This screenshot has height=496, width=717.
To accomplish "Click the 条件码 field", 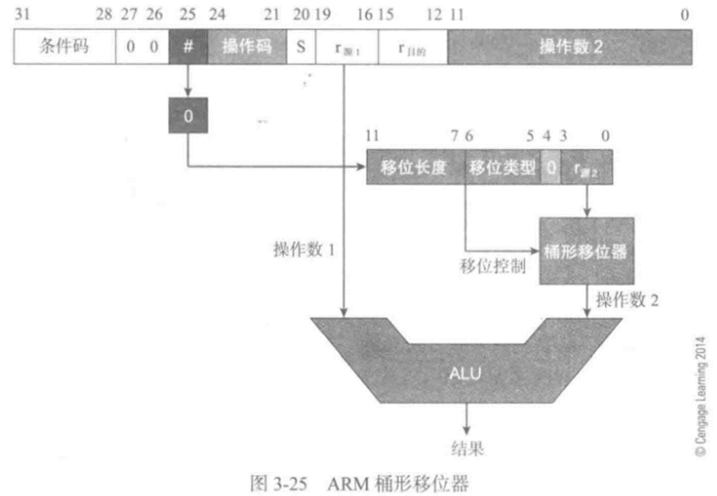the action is coord(64,48).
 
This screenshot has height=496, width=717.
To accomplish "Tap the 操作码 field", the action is coord(247,48).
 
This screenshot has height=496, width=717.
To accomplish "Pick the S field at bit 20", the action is coord(300,48).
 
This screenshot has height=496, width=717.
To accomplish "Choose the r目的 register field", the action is coord(412,48).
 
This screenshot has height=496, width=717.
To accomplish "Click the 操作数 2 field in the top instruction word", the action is coord(569,48).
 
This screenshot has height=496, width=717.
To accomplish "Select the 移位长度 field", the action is coord(415,168).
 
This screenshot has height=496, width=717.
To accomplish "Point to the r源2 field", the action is coord(586,168).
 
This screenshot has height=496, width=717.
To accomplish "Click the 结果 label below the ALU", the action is coord(468,448).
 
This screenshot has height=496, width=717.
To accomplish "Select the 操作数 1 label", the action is coord(303,250).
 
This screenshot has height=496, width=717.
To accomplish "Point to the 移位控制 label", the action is coord(493,267).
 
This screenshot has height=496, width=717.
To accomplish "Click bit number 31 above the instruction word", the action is coord(22,15).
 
